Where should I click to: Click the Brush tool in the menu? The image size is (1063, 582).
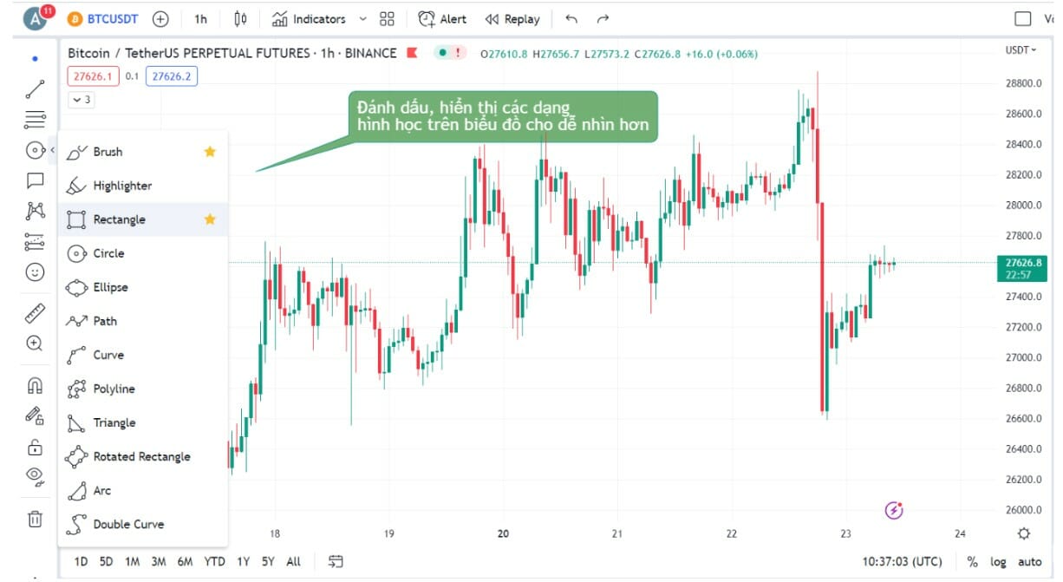(x=108, y=152)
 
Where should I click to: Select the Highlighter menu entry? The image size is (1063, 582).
(x=122, y=186)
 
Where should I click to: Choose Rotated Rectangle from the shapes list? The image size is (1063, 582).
(x=141, y=456)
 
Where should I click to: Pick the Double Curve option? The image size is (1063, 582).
(x=128, y=524)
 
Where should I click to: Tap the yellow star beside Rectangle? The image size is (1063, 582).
(x=210, y=219)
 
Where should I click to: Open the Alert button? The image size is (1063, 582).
(x=443, y=19)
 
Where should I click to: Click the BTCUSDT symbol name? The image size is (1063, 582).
(x=113, y=19)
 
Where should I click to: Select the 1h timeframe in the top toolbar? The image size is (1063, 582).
(x=200, y=19)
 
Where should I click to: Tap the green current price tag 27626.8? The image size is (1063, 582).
(x=1023, y=263)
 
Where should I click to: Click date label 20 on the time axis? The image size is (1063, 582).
(x=503, y=533)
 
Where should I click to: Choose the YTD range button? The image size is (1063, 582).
(x=214, y=561)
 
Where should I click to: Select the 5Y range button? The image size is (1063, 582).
(x=269, y=561)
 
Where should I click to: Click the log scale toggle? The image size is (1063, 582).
(x=998, y=562)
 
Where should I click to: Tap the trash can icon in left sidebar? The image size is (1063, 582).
(x=35, y=519)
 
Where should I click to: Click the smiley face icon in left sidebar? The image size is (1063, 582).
(x=35, y=272)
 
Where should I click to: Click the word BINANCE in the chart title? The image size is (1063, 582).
(x=370, y=54)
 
